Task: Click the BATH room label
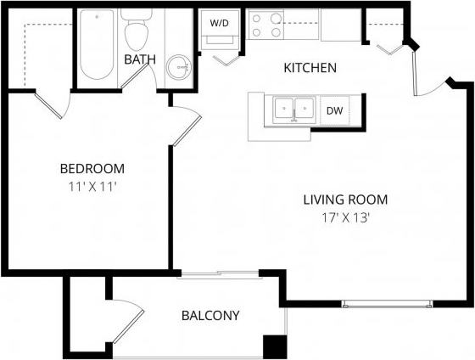coord(138,59)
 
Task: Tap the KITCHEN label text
coord(310,68)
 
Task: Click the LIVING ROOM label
coord(345,200)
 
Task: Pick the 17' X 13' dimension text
coord(345,217)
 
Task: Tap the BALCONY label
coord(210,316)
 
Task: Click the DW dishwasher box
coord(334,110)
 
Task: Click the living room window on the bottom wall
coord(387,303)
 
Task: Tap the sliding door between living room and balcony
coord(218,274)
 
